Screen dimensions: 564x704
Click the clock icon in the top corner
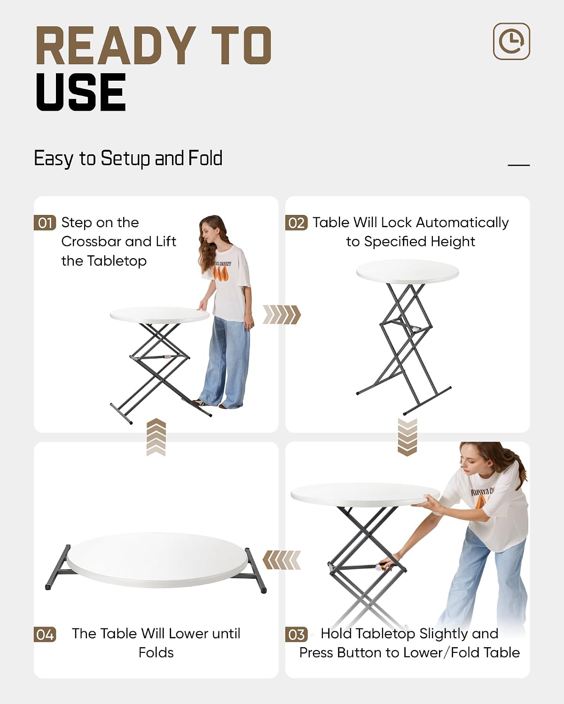click(x=511, y=41)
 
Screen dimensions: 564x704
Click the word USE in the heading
click(x=81, y=92)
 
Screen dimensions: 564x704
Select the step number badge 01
click(x=45, y=223)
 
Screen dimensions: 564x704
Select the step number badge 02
click(x=296, y=223)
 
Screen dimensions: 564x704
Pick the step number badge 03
click(x=296, y=635)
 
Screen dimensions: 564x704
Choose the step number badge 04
click(x=45, y=635)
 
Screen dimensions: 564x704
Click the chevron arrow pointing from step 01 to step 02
click(x=282, y=315)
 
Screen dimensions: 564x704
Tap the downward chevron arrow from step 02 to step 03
click(x=407, y=437)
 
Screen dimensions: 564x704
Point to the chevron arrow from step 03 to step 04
click(x=282, y=560)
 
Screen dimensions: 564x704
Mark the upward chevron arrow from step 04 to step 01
click(x=156, y=437)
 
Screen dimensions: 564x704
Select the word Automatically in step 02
click(x=462, y=222)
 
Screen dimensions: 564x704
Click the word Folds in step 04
click(x=156, y=653)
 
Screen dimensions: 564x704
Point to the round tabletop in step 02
click(x=407, y=272)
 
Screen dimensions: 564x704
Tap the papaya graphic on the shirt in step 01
click(x=220, y=273)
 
